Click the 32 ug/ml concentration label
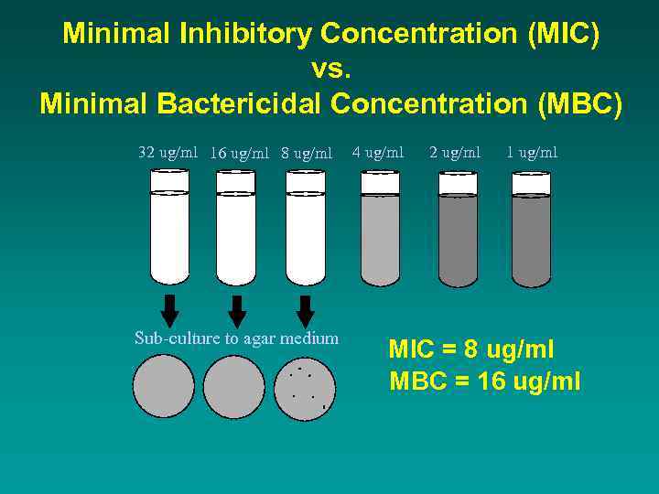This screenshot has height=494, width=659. [x=167, y=153]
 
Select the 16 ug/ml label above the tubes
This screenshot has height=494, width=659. [x=239, y=154]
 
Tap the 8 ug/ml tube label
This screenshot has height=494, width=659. [x=307, y=154]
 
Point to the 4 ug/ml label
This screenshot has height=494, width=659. [x=377, y=153]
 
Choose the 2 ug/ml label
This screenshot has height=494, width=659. [x=455, y=153]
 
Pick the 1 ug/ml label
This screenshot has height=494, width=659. [x=532, y=153]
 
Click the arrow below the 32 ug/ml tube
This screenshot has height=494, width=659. [x=169, y=310]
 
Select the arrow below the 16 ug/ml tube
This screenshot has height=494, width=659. [x=237, y=311]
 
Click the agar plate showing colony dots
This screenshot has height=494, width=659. [x=306, y=387]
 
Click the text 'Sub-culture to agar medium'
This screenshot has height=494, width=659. [x=236, y=338]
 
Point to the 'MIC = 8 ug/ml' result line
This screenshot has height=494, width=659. [x=471, y=349]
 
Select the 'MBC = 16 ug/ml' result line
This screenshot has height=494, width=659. [x=485, y=381]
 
